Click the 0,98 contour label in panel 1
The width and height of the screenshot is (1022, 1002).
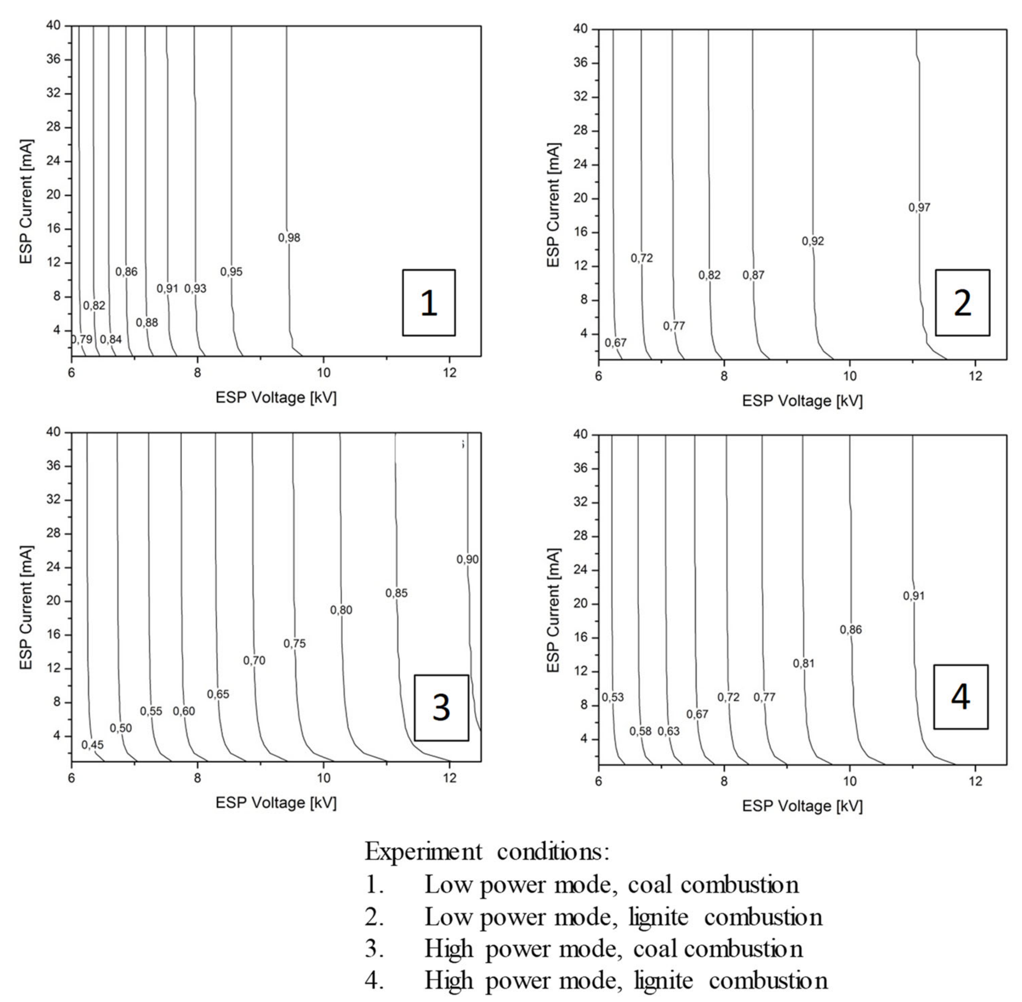click(x=289, y=238)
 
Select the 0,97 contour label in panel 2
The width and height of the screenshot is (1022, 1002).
click(x=919, y=207)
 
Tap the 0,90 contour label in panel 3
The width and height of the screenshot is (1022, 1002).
click(x=467, y=559)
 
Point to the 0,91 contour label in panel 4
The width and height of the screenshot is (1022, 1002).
click(x=914, y=596)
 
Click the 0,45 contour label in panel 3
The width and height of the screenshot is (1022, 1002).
click(x=93, y=745)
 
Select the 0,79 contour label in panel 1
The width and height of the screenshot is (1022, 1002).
click(x=82, y=340)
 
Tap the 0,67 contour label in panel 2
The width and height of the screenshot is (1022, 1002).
click(x=615, y=343)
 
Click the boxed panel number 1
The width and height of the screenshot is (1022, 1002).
click(x=428, y=303)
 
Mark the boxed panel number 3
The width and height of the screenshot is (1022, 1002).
click(x=441, y=708)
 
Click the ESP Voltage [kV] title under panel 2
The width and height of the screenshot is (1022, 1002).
click(x=802, y=401)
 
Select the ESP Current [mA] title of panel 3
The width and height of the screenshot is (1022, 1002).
click(x=26, y=608)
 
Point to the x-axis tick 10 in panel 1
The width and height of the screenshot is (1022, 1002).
click(x=323, y=373)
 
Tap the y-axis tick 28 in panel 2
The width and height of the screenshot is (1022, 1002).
click(x=581, y=131)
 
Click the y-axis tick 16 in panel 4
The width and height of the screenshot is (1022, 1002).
click(x=581, y=638)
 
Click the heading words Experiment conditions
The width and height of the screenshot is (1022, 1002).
click(x=487, y=851)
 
